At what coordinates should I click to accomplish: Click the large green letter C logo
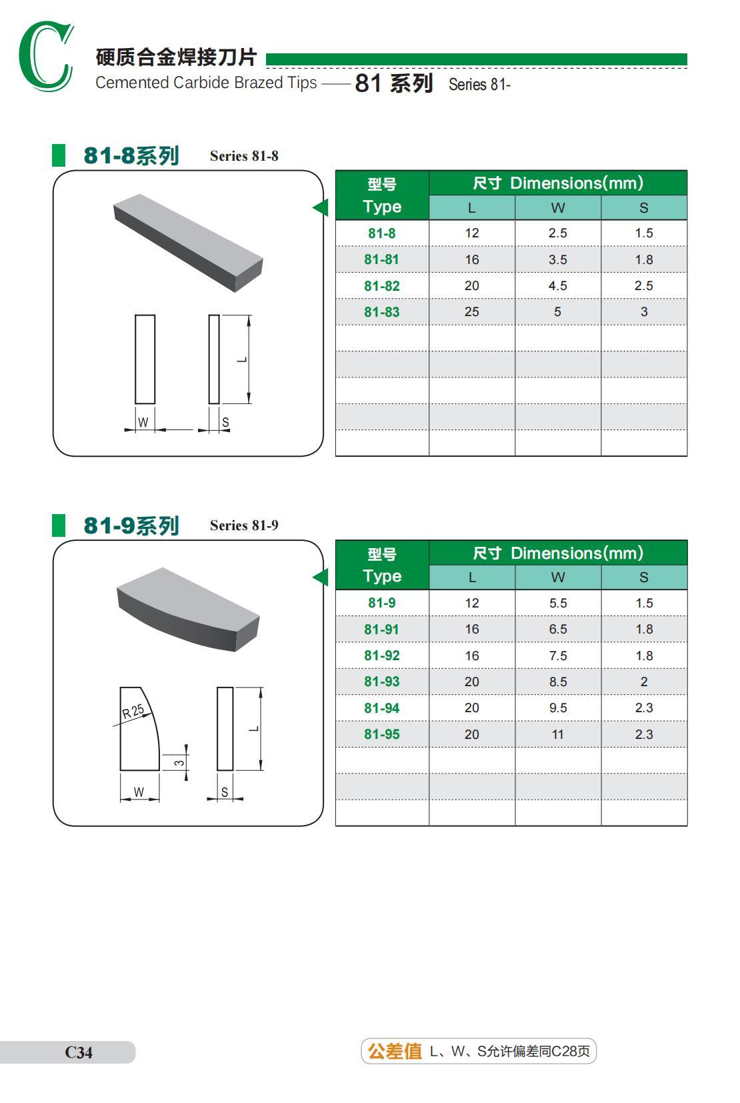tap(45, 57)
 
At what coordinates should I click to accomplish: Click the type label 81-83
tap(381, 312)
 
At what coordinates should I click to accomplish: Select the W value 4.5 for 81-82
tap(557, 286)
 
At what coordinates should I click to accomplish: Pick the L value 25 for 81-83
tap(471, 312)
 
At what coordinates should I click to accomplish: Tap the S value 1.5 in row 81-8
tap(643, 233)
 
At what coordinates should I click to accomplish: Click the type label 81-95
tap(381, 734)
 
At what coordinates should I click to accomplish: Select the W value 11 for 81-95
tap(557, 734)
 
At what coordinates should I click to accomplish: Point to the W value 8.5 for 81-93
tap(557, 682)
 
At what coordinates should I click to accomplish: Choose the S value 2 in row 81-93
tap(643, 682)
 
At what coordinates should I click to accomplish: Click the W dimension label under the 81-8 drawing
tap(143, 423)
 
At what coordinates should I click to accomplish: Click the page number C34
tap(79, 1052)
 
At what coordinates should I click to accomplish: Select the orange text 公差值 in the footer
tap(395, 1052)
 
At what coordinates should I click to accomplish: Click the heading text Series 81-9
tap(244, 525)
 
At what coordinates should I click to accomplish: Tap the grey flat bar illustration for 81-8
tap(188, 241)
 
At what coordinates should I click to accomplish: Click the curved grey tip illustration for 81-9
tap(188, 608)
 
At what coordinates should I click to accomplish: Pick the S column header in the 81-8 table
tap(643, 208)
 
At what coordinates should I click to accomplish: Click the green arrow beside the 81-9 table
tap(321, 577)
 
